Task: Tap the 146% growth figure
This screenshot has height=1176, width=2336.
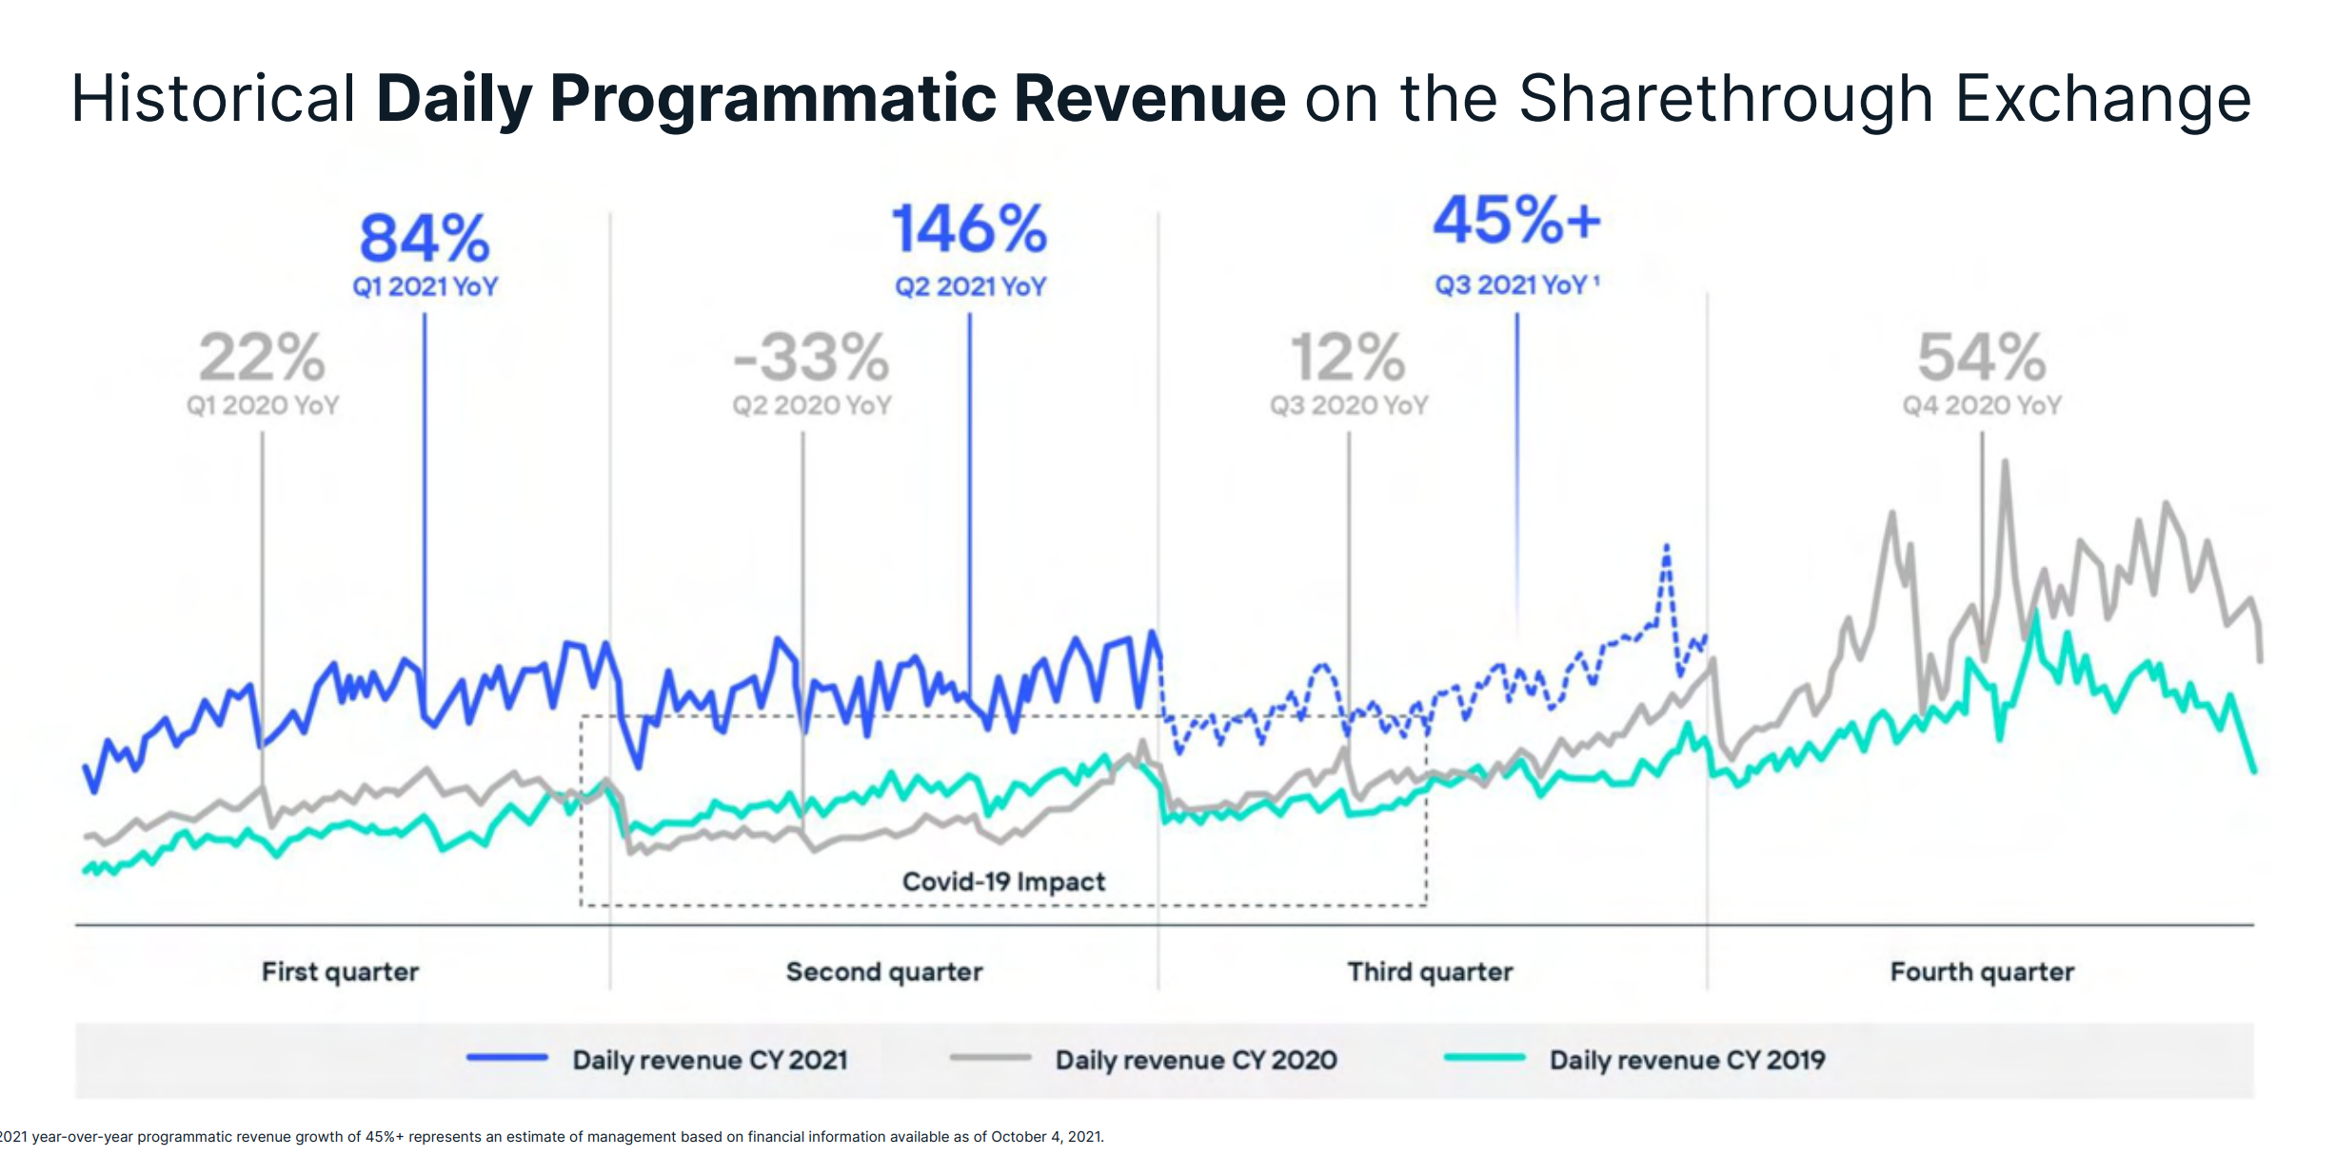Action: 969,230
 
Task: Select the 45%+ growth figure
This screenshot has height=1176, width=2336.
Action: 1517,221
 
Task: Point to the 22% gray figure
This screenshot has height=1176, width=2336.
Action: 262,358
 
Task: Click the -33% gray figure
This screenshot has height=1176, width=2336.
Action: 811,358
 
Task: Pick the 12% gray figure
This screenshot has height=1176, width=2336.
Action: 1348,358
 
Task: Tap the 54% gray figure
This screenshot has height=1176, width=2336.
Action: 1982,358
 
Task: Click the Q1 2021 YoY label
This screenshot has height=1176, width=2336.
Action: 425,286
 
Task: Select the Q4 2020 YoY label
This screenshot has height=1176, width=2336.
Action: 1982,405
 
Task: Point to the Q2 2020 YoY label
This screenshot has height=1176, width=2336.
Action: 811,405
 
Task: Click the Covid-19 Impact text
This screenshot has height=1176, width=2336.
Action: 1003,882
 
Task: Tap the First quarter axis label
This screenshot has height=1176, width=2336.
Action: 340,971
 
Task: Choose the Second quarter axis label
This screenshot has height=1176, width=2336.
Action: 884,971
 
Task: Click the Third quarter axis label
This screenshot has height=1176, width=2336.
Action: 1430,971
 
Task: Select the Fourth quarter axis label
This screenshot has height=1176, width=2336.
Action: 1982,971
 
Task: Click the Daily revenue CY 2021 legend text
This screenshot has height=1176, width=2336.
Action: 710,1060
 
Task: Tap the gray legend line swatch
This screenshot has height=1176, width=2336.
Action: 990,1057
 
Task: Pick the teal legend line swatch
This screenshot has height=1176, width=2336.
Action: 1484,1057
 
